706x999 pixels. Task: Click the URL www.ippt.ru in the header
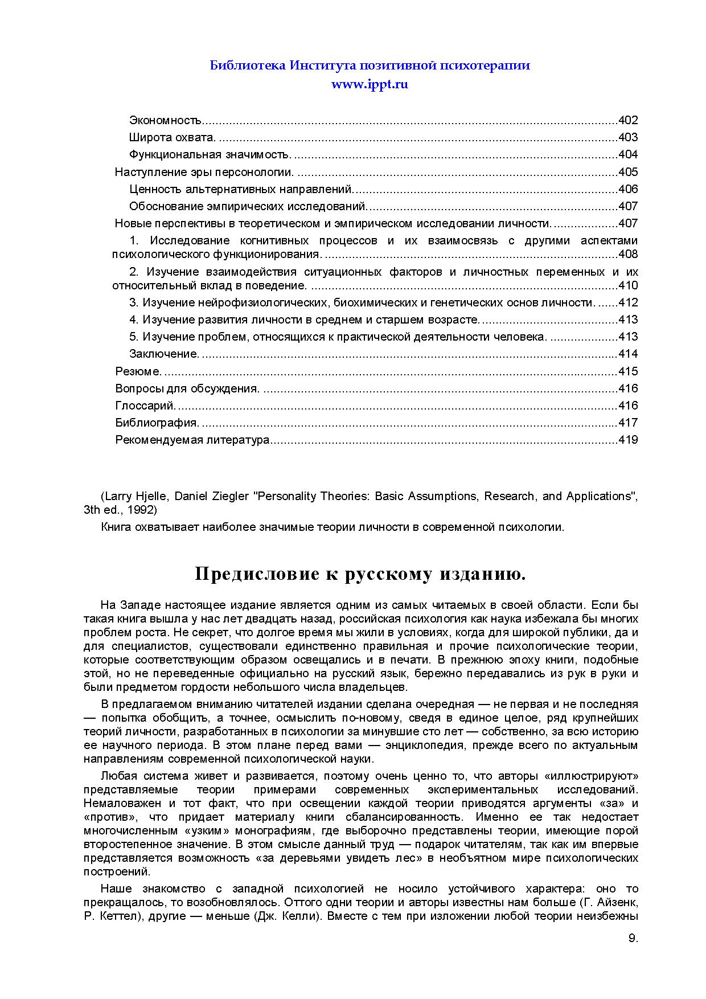(370, 84)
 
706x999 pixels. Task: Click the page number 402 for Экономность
(627, 120)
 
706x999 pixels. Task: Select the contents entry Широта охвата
(172, 137)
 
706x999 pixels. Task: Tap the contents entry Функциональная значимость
(210, 154)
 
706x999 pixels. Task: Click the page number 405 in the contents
(627, 172)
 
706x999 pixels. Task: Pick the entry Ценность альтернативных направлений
(241, 189)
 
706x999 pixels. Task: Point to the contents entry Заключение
(164, 354)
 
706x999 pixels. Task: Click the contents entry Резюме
(138, 371)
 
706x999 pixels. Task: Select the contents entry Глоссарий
(146, 406)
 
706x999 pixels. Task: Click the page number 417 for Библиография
(627, 423)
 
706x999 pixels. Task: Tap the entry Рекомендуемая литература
(192, 440)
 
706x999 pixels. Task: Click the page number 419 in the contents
(627, 440)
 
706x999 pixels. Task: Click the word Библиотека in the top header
(248, 65)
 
